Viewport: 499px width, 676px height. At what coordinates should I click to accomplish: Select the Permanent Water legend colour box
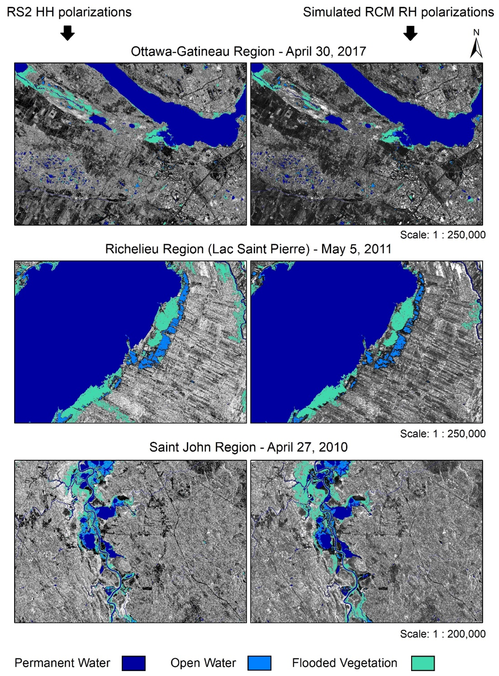pos(134,663)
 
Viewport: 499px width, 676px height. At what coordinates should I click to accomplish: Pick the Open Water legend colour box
pos(259,663)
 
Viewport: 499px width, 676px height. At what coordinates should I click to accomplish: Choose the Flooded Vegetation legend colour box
pos(423,663)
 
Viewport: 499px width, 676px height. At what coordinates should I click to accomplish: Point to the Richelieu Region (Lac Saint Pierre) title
pos(248,249)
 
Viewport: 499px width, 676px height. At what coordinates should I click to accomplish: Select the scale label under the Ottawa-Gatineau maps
pos(443,235)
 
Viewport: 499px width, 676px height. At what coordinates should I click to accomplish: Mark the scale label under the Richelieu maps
pos(443,434)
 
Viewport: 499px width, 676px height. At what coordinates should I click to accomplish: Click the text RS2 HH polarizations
pos(69,12)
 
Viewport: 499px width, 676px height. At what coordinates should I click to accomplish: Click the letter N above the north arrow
pos(476,33)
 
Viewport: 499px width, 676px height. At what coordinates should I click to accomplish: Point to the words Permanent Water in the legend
pos(62,663)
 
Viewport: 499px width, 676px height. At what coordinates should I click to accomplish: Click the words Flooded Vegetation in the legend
pos(344,663)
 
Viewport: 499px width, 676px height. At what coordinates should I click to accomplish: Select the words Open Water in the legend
pos(203,663)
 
